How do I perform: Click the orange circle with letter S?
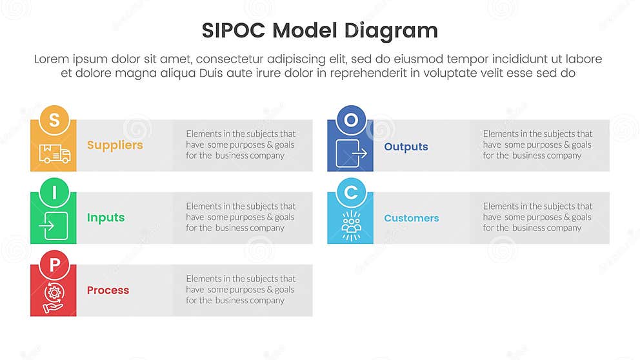click(54, 119)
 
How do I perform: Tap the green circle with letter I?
click(54, 192)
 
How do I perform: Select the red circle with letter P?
click(54, 265)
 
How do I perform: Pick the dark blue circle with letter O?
click(350, 119)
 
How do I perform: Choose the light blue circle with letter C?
click(350, 192)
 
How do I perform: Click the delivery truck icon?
click(54, 153)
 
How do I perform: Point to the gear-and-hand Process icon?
click(54, 299)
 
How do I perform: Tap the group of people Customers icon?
click(350, 225)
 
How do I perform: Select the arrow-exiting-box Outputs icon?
click(350, 153)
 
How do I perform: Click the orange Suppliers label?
click(115, 145)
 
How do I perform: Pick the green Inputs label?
click(106, 218)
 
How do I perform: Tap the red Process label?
click(108, 290)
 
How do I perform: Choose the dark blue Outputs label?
click(406, 147)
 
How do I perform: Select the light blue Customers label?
click(411, 218)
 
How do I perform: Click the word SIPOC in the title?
click(233, 31)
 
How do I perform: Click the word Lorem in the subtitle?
click(52, 59)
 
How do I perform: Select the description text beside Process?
click(241, 290)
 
